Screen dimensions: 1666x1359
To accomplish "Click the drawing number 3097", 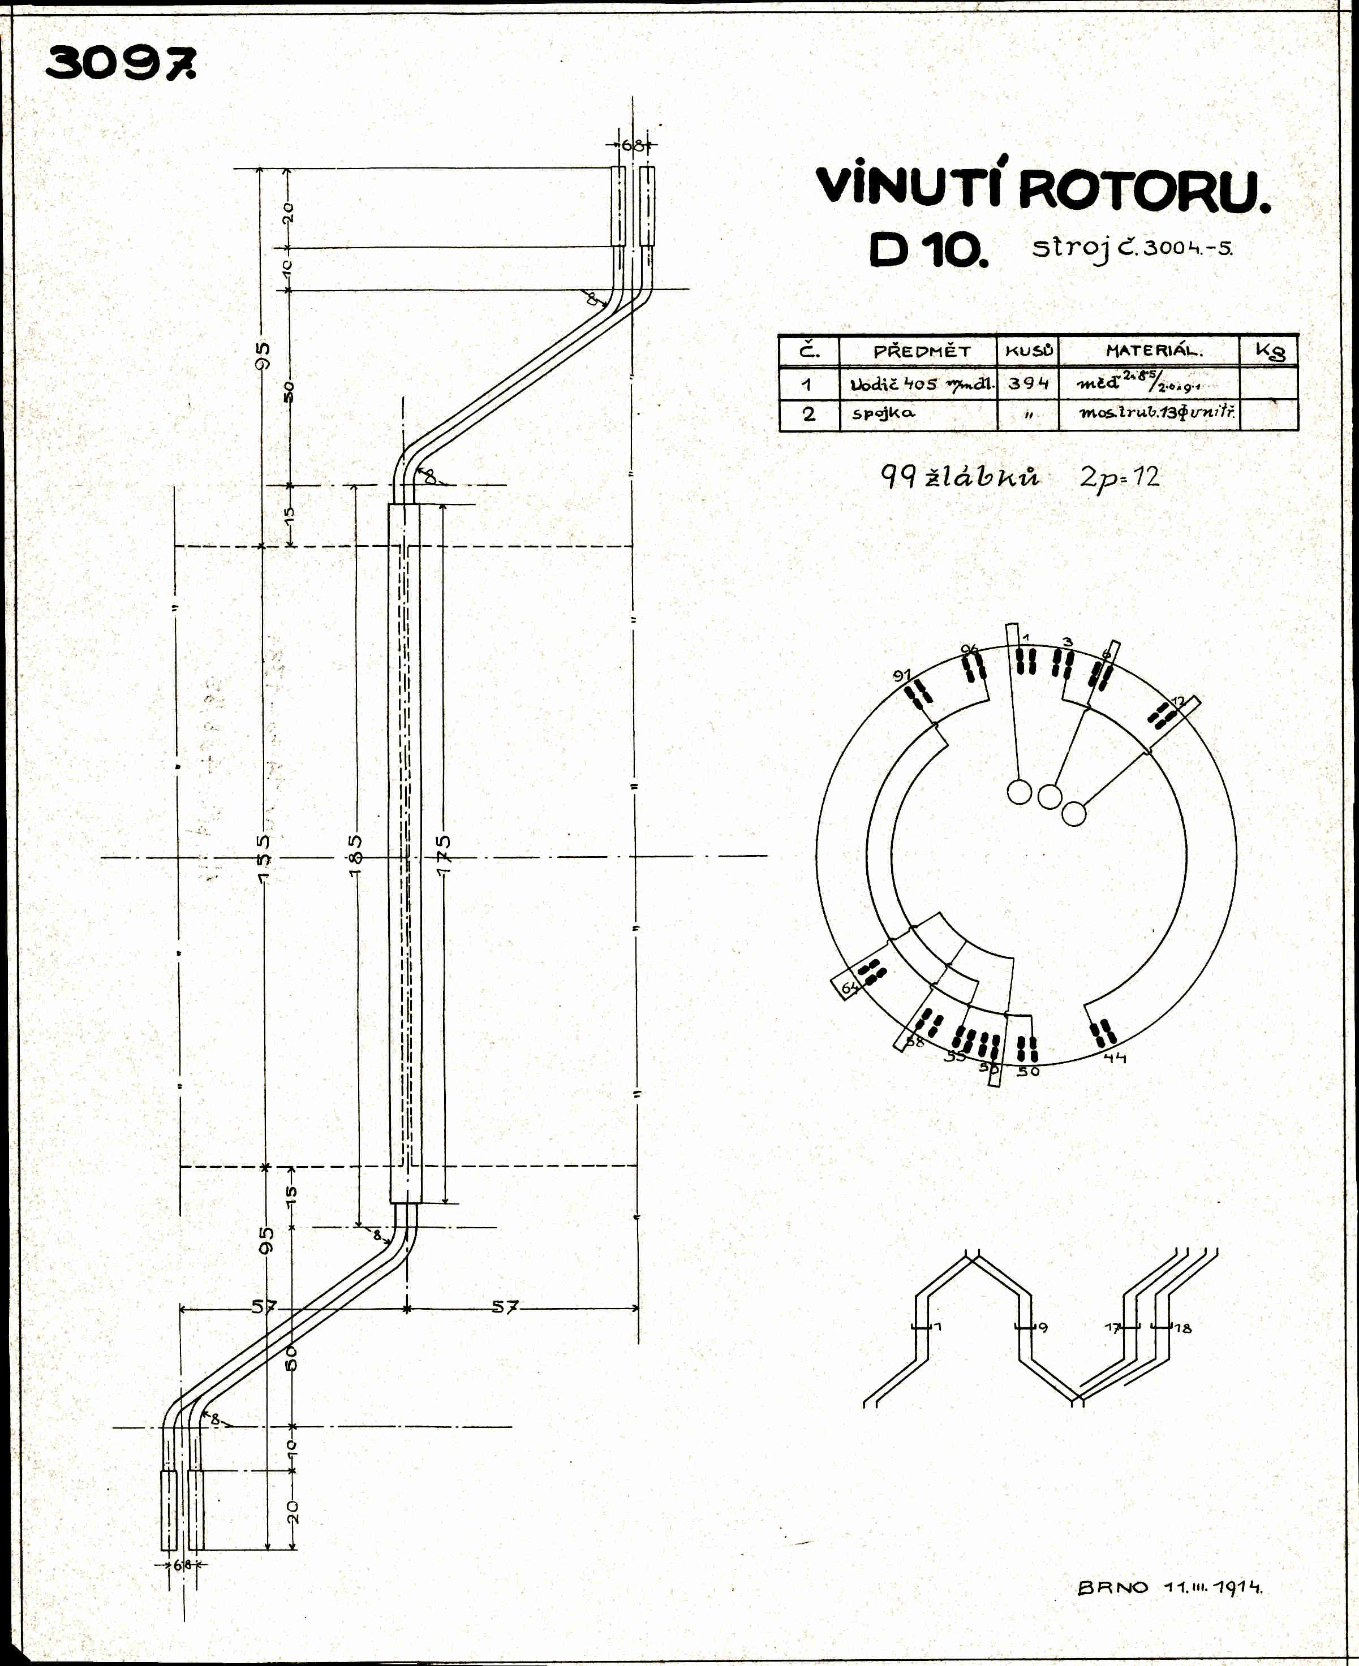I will [x=121, y=63].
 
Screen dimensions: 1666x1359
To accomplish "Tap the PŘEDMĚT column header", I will [x=922, y=351].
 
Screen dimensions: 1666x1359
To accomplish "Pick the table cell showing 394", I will [x=1028, y=383].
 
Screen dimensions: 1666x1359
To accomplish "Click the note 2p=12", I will [x=1120, y=477].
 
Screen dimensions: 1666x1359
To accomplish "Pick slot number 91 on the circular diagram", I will [x=902, y=675].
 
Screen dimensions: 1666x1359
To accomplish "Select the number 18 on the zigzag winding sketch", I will [x=1183, y=1328].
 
